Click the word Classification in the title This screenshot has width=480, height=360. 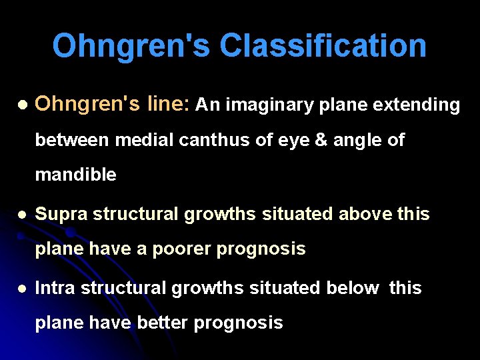323,46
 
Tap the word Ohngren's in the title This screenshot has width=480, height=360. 131,46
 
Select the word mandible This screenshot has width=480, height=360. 75,175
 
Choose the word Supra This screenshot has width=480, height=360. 61,214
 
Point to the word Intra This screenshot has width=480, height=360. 58,288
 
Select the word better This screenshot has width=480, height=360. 163,323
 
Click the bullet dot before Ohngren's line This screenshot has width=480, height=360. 23,105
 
